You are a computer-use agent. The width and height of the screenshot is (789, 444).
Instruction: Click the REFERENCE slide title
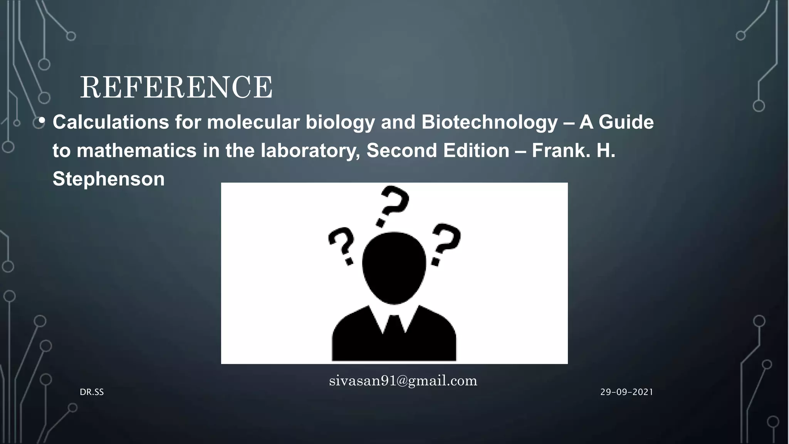176,87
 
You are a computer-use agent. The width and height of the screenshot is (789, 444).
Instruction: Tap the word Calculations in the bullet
111,122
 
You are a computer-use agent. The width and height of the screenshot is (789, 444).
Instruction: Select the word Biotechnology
489,122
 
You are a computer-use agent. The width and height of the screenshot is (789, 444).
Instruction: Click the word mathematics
137,150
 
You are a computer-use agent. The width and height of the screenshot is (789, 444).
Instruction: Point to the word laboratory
310,150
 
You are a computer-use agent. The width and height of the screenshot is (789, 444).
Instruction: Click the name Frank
561,150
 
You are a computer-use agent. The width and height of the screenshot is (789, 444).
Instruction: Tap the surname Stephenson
108,179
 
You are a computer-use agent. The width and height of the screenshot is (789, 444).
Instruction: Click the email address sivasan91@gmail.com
403,381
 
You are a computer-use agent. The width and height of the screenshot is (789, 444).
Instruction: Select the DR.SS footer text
92,392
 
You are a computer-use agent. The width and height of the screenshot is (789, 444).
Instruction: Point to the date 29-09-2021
626,392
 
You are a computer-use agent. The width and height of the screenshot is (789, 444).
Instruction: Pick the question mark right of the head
445,243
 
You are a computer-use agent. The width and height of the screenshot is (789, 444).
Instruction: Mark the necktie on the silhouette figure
394,328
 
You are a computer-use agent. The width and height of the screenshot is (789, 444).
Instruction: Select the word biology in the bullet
340,122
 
